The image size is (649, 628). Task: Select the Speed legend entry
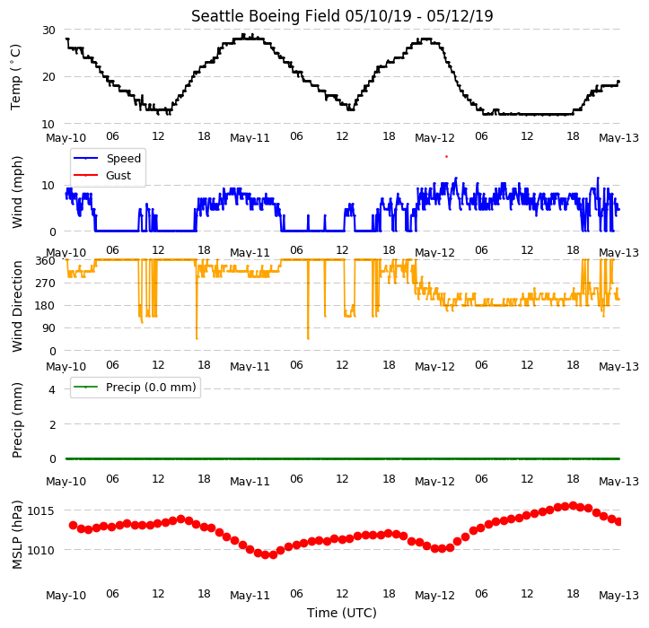click(107, 158)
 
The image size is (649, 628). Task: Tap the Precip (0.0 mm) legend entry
click(135, 388)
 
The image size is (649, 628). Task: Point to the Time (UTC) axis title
click(342, 612)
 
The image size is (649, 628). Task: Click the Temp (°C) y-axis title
click(15, 77)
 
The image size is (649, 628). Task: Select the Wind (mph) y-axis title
click(16, 192)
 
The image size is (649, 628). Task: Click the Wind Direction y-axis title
click(16, 307)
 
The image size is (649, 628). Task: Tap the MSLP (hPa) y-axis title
click(16, 535)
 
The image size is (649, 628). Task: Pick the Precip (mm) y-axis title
click(16, 421)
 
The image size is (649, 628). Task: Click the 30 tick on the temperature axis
click(48, 31)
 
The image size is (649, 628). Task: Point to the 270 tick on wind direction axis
click(45, 283)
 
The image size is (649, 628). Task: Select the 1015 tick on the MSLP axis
click(40, 511)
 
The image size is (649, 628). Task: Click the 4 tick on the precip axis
click(52, 389)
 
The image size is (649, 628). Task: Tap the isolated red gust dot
click(446, 156)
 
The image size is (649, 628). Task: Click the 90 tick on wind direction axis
click(48, 328)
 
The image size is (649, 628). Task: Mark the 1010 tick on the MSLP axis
click(40, 551)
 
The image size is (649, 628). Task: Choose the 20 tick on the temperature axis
click(48, 77)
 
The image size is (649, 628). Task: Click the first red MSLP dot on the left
click(73, 526)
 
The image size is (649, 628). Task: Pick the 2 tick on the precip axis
click(52, 424)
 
